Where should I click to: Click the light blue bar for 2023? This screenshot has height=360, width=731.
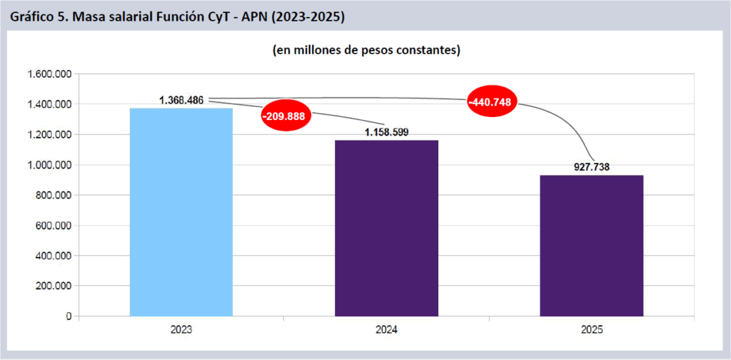pos(181,212)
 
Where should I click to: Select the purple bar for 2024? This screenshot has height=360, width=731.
pos(386,228)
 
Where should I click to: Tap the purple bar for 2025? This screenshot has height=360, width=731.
pos(591,245)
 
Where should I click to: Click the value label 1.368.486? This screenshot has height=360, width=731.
pos(181,100)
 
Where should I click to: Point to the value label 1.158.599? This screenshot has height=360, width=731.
pos(386,132)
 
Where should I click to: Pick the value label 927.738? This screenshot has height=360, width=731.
pos(591,167)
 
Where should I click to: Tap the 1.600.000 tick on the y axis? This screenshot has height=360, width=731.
pos(48,74)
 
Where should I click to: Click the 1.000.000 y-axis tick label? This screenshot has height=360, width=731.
pos(48,165)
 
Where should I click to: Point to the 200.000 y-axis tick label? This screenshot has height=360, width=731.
pos(52,286)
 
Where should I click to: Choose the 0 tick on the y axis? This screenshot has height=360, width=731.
pos(68,316)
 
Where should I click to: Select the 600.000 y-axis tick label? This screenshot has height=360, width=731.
pos(52,226)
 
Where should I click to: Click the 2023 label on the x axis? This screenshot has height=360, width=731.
pos(181,330)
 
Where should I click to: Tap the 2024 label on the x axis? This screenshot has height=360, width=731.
pos(386,330)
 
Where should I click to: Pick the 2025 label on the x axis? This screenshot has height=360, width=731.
pos(591,330)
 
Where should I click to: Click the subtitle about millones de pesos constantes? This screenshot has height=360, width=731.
pos(365,51)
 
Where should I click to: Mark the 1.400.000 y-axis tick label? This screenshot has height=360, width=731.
pos(48,104)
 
